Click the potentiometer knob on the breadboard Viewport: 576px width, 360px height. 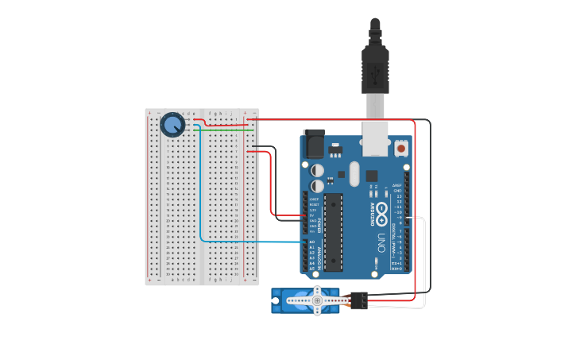click(172, 125)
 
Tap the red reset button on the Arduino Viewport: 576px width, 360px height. click(401, 148)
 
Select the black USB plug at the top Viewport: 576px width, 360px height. click(375, 68)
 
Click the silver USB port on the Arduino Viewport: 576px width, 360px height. click(376, 137)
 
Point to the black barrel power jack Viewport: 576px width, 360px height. click(314, 144)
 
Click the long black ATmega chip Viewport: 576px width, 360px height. click(334, 231)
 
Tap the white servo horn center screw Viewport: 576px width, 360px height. click(317, 300)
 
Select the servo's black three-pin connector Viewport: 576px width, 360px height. click(358, 300)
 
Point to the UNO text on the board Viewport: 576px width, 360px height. click(381, 242)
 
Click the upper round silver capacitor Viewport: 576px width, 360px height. click(317, 170)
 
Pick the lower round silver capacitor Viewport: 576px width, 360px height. click(317, 187)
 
